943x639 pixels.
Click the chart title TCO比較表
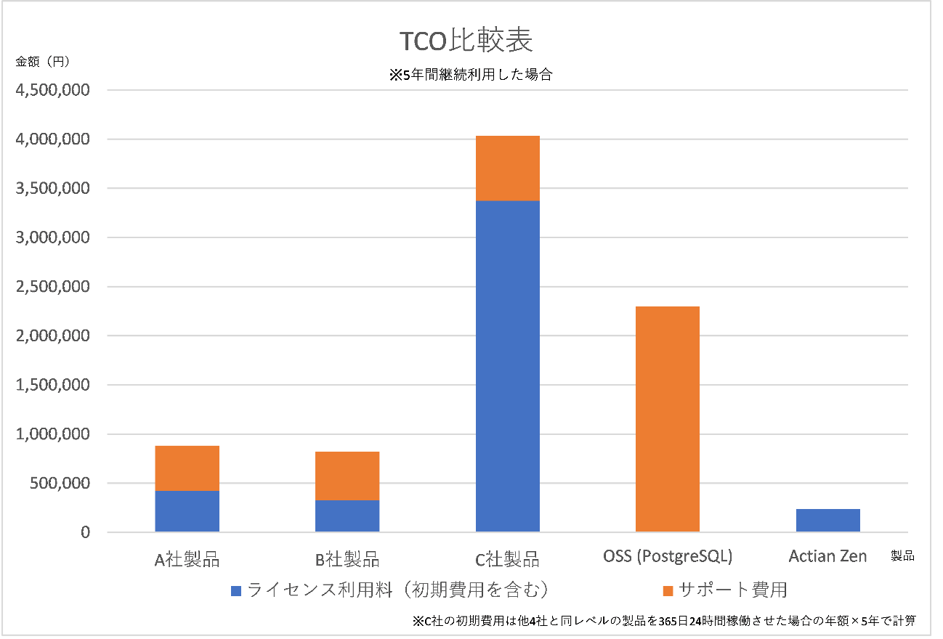pyautogui.click(x=466, y=41)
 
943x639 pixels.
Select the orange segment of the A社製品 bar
pyautogui.click(x=187, y=468)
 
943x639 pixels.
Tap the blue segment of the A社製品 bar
pyautogui.click(x=187, y=511)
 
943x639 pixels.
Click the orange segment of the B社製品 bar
pyautogui.click(x=347, y=476)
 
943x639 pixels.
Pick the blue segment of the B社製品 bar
pyautogui.click(x=347, y=516)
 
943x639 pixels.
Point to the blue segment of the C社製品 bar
pyautogui.click(x=507, y=366)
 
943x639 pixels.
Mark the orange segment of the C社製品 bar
pyautogui.click(x=507, y=168)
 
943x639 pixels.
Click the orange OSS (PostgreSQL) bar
pyautogui.click(x=667, y=419)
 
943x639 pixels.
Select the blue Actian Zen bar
pyautogui.click(x=827, y=521)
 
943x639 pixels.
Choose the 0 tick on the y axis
pyautogui.click(x=86, y=533)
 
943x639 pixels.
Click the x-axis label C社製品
pyautogui.click(x=507, y=558)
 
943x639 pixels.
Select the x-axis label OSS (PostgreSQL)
pyautogui.click(x=667, y=557)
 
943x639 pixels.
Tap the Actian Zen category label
pyautogui.click(x=827, y=557)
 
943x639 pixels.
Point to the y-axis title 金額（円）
pyautogui.click(x=43, y=62)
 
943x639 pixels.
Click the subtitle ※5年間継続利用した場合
pyautogui.click(x=471, y=74)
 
